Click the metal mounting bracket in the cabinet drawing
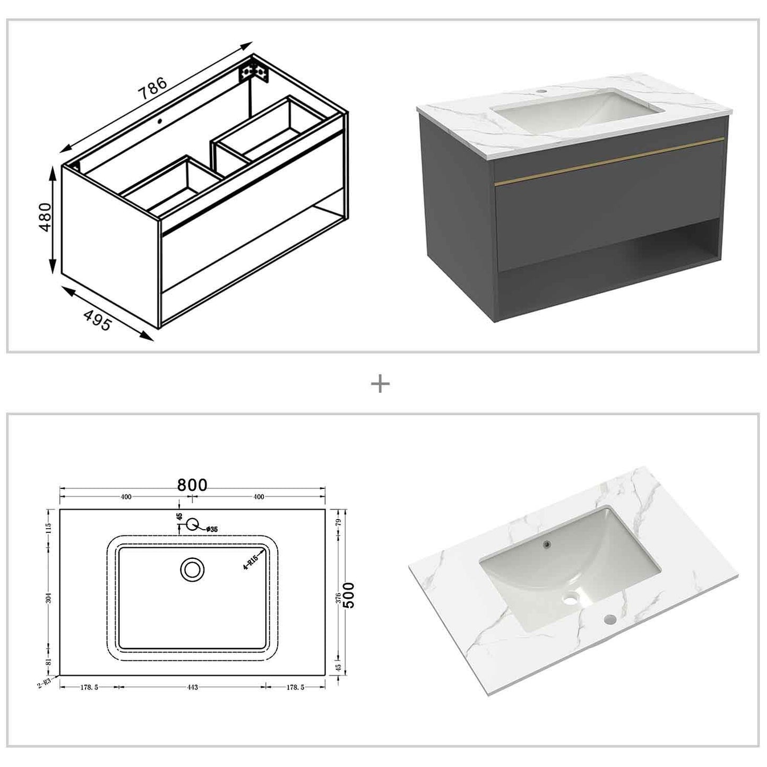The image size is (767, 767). [254, 72]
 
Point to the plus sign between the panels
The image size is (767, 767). [380, 384]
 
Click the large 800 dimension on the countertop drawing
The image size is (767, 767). [192, 485]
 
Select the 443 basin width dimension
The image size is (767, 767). [192, 687]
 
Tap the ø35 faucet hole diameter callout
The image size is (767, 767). [212, 529]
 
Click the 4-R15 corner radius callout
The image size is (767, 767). [250, 561]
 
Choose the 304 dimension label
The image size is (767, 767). [49, 599]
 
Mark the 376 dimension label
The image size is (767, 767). [338, 599]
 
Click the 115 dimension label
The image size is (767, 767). [49, 528]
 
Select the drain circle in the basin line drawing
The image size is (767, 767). [192, 570]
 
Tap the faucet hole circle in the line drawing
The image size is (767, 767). [192, 524]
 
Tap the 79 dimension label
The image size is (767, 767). [338, 521]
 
